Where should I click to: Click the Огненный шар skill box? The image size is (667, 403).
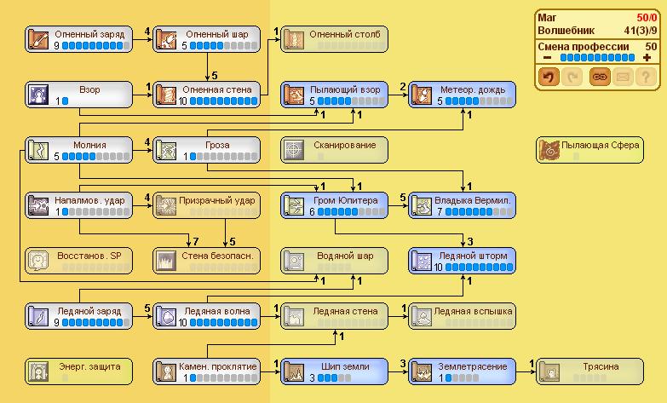point(206,39)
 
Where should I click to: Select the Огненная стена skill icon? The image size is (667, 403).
point(167,95)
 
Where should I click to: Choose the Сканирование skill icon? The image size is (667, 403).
point(295,150)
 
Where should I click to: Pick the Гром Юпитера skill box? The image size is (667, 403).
point(334,205)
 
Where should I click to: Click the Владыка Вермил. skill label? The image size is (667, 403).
point(474,200)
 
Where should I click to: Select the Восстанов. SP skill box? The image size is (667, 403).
point(78,261)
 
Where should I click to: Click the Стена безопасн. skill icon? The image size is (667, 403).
point(167,261)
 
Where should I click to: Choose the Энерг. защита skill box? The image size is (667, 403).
point(78,371)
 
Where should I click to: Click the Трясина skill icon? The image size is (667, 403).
point(550,371)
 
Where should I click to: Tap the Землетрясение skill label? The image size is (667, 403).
point(474,366)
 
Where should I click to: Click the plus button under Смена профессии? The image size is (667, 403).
point(647,58)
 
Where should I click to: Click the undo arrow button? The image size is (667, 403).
point(549,77)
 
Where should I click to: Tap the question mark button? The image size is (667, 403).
point(647,77)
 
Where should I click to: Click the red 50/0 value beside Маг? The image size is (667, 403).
point(644,16)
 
